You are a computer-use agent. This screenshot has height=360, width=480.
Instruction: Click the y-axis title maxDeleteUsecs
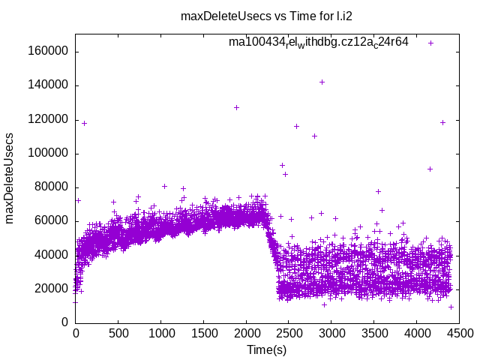(10, 178)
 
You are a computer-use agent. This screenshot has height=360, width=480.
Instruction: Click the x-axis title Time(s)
(268, 349)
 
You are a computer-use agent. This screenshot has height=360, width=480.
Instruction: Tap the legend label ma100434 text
(319, 42)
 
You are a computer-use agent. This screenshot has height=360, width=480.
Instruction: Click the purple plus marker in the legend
(431, 43)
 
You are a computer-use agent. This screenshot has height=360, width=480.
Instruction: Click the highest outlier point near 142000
(322, 82)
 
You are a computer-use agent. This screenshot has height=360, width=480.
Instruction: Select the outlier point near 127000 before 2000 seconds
(236, 107)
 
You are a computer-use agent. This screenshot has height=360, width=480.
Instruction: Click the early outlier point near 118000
(84, 123)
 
